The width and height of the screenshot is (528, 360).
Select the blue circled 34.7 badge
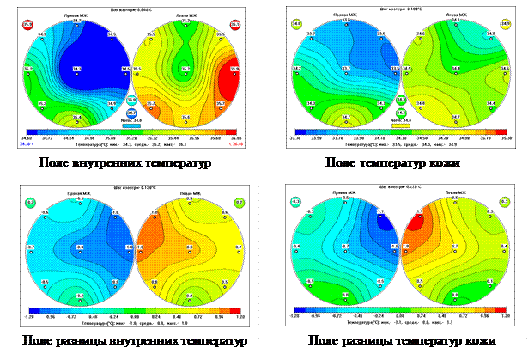click(x=132, y=113)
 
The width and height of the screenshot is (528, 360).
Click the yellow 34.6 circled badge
click(x=296, y=25)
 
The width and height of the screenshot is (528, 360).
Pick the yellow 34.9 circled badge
click(x=509, y=25)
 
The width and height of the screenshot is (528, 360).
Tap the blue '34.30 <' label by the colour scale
click(x=27, y=144)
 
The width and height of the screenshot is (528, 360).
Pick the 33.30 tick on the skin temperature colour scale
click(x=297, y=136)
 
